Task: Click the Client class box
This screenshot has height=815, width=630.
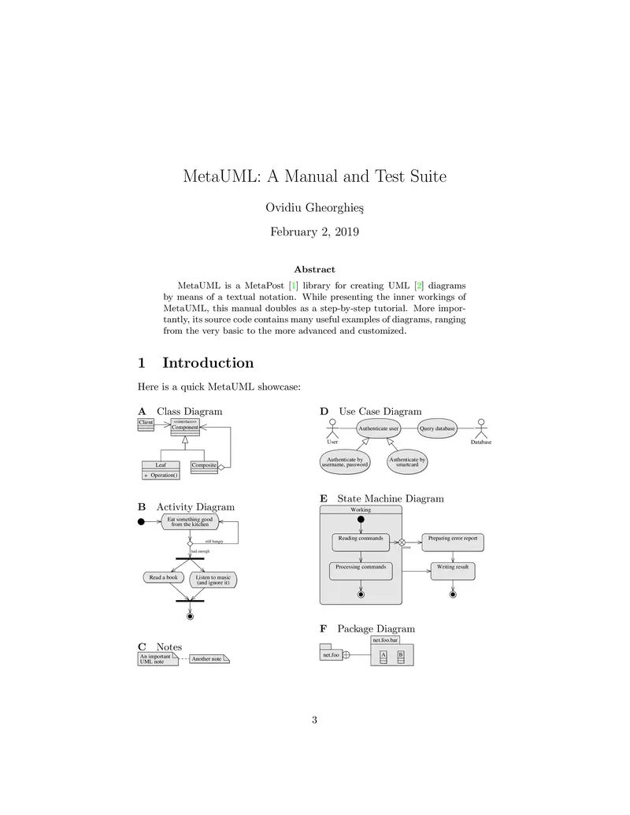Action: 146,424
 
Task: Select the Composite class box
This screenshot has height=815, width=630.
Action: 204,466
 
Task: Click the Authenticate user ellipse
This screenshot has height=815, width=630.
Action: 379,428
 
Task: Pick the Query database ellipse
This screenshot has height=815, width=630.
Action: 437,428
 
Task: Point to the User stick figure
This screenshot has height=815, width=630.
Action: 332,430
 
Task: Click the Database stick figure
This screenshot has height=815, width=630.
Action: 480,430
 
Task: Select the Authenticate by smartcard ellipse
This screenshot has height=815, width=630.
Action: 407,462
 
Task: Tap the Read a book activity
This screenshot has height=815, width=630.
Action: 164,577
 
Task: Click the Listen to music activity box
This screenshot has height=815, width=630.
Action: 213,580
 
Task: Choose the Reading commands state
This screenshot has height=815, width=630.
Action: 361,542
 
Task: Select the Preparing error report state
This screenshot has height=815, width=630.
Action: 452,542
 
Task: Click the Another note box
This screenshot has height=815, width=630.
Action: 209,658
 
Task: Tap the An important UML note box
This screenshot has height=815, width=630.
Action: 157,659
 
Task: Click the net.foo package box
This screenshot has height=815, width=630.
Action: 330,654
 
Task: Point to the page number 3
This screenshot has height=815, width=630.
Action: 314,719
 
